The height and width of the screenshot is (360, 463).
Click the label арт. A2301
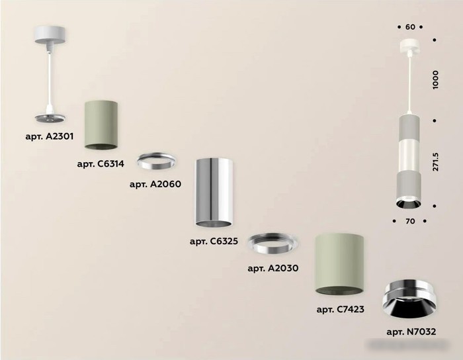pyautogui.click(x=50, y=136)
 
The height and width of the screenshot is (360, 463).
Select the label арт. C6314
pyautogui.click(x=101, y=163)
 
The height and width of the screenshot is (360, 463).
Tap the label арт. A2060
pyautogui.click(x=155, y=184)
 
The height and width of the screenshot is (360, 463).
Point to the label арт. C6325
pyautogui.click(x=214, y=242)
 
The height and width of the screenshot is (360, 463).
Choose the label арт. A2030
pyautogui.click(x=273, y=268)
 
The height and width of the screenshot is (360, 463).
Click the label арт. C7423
pyautogui.click(x=341, y=310)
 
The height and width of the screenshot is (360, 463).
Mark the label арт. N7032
pyautogui.click(x=411, y=332)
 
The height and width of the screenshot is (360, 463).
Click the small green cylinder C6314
pyautogui.click(x=101, y=125)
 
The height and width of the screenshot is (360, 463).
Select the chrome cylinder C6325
pyautogui.click(x=214, y=193)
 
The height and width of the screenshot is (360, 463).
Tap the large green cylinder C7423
pyautogui.click(x=339, y=265)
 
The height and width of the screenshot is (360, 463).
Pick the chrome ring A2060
pyautogui.click(x=157, y=161)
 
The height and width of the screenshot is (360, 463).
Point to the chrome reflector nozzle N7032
pyautogui.click(x=409, y=300)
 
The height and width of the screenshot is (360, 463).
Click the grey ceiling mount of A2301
pyautogui.click(x=50, y=35)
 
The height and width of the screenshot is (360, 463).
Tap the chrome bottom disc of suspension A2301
pyautogui.click(x=50, y=118)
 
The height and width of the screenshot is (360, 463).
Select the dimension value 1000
pyautogui.click(x=435, y=79)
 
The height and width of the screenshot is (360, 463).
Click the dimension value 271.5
pyautogui.click(x=435, y=162)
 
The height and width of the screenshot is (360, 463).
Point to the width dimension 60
pyautogui.click(x=410, y=27)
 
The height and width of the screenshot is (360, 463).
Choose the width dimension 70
pyautogui.click(x=410, y=221)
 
